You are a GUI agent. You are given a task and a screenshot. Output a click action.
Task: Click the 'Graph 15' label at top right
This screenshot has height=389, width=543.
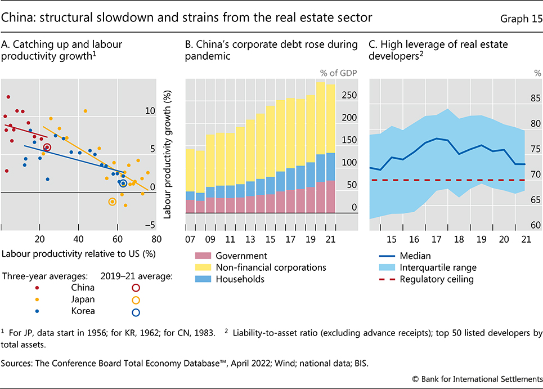[520, 18]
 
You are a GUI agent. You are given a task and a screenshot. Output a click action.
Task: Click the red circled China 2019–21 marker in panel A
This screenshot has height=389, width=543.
[47, 147]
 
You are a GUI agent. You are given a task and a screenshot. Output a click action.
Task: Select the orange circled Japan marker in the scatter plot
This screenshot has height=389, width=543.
[113, 202]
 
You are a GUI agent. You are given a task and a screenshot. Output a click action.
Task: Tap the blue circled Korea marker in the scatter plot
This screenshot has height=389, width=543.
[123, 183]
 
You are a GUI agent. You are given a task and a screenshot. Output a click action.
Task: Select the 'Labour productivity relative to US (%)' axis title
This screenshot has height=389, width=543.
[79, 253]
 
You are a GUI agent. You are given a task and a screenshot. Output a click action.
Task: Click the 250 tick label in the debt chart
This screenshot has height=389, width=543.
[349, 96]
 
